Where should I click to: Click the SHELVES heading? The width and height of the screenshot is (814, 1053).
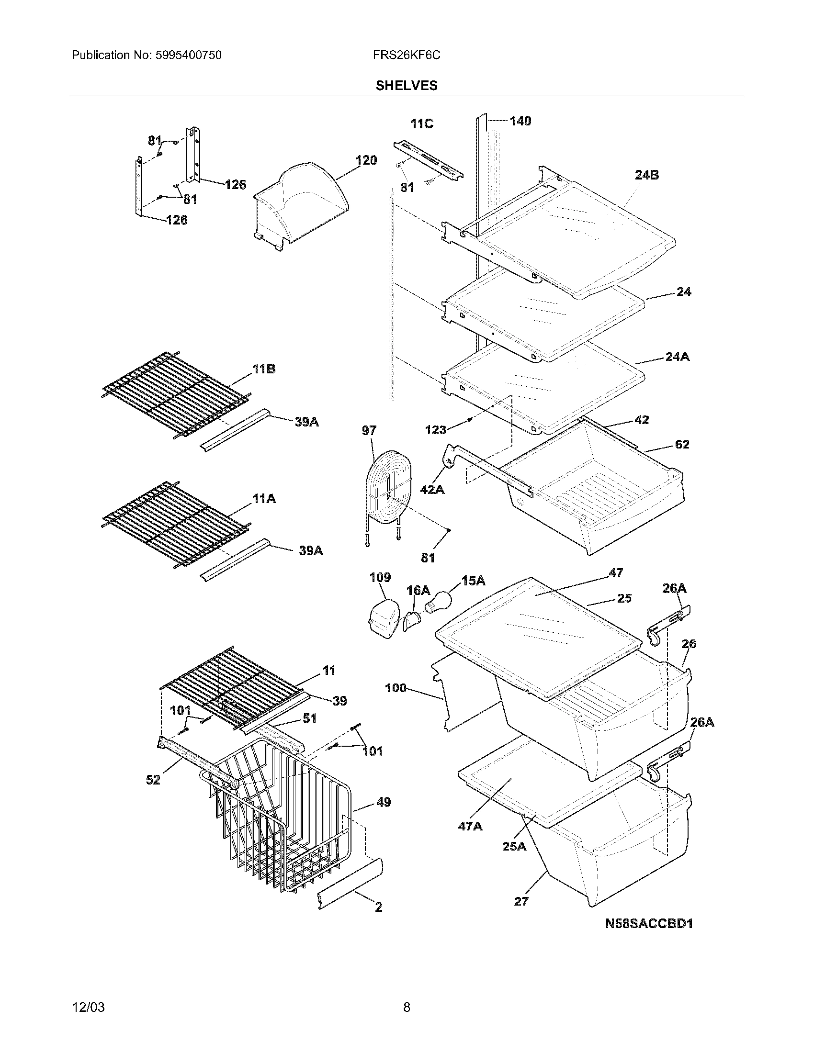[x=407, y=86]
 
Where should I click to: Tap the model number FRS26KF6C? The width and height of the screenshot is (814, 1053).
[x=406, y=56]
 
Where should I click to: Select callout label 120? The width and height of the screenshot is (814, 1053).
[x=366, y=160]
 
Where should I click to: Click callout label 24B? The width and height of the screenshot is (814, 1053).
[x=647, y=176]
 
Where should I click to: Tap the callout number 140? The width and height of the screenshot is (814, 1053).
[x=520, y=121]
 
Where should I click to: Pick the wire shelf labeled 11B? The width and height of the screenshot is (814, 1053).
[x=176, y=393]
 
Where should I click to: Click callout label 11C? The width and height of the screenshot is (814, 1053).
[x=421, y=124]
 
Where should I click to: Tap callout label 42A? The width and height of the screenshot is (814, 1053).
[x=432, y=490]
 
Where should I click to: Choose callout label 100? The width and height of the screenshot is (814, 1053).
[x=396, y=688]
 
